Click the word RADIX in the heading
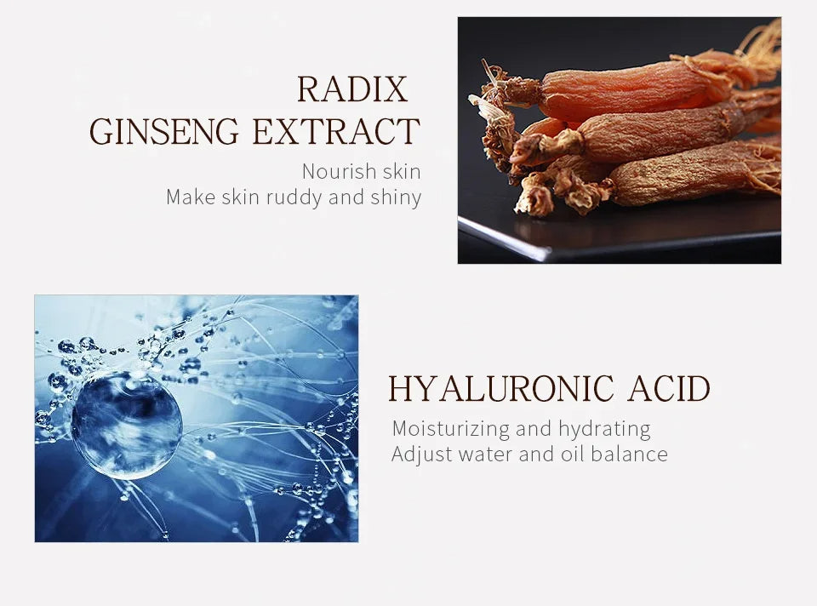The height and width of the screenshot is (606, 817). click(x=352, y=89)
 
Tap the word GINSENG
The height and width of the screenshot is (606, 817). click(x=163, y=131)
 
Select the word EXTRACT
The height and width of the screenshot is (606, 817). click(x=336, y=131)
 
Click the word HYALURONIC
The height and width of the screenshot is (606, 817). click(x=500, y=388)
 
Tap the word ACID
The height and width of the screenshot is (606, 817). click(x=669, y=388)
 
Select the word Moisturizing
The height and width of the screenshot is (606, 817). click(x=451, y=429)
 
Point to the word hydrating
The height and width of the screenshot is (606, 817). click(x=604, y=429)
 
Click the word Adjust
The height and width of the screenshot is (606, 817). click(x=422, y=454)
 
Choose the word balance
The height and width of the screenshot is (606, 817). click(x=629, y=454)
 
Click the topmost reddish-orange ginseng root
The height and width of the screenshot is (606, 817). click(x=626, y=89)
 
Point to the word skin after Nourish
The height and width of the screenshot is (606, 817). click(x=401, y=171)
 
